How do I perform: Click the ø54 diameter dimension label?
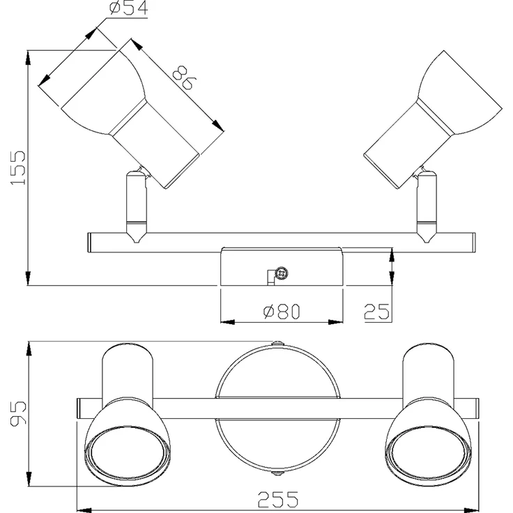click(128, 8)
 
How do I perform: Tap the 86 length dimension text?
click(184, 77)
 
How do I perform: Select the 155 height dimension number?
click(18, 168)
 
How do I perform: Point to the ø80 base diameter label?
click(282, 311)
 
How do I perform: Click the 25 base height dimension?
click(376, 312)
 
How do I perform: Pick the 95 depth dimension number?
click(18, 413)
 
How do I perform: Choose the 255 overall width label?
click(278, 500)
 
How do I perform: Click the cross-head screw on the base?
click(282, 273)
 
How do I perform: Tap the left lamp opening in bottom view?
click(128, 452)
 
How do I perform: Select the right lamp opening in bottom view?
click(429, 452)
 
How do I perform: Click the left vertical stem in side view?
click(137, 206)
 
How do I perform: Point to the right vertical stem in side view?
click(427, 206)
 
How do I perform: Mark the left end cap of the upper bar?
click(89, 243)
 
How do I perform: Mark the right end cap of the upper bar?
click(473, 243)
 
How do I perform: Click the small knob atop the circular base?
click(277, 343)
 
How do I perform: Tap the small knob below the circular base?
click(277, 473)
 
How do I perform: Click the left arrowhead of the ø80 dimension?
click(228, 322)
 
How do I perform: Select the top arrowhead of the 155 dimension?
click(29, 58)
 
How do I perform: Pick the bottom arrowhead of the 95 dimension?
click(29, 479)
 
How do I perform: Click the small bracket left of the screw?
click(270, 277)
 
